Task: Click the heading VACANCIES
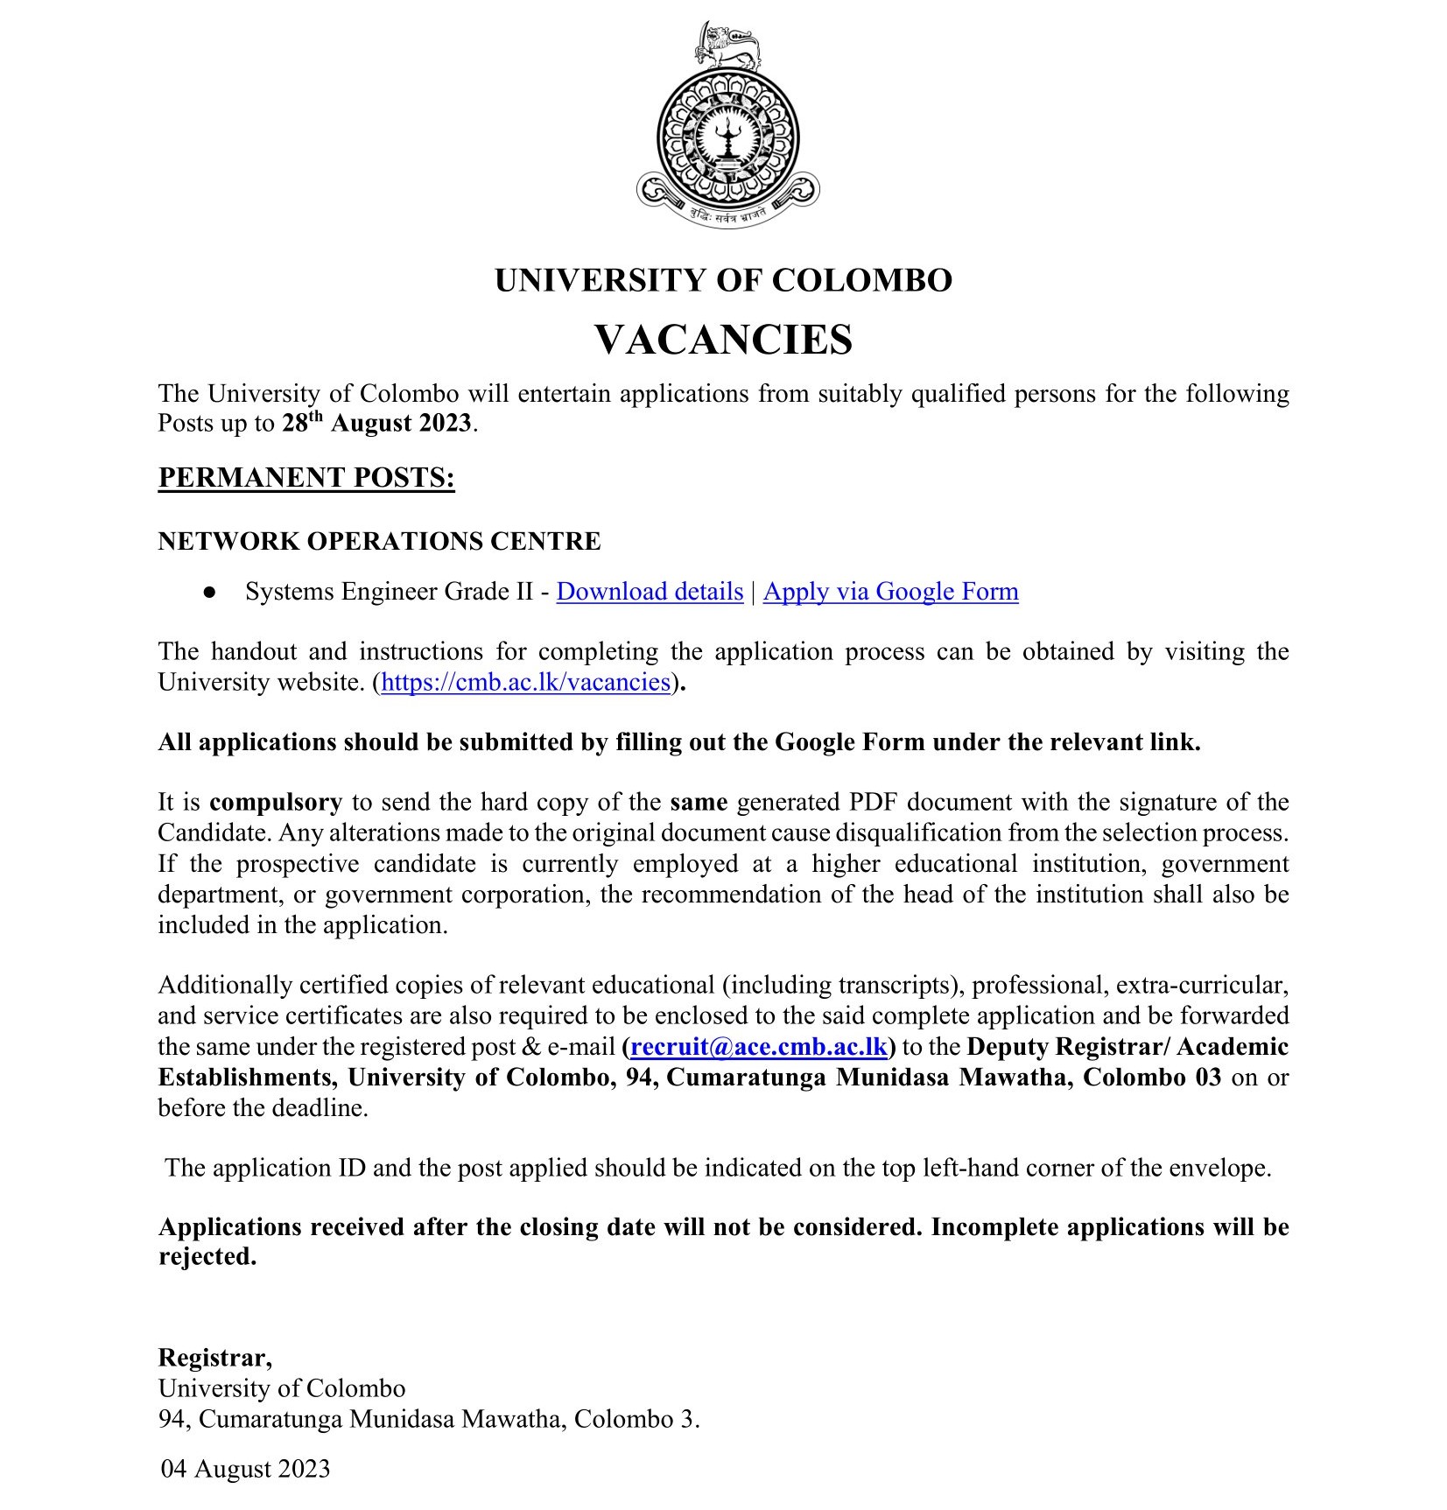[723, 340]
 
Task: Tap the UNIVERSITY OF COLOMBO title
[723, 280]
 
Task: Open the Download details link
[650, 592]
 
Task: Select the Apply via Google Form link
[890, 592]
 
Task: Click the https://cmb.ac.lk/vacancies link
[526, 682]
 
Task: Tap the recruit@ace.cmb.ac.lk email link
[759, 1047]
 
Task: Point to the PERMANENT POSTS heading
[306, 478]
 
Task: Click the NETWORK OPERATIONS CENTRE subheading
[379, 541]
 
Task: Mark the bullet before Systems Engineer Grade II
[209, 593]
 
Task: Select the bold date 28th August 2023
[377, 423]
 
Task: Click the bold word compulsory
[276, 802]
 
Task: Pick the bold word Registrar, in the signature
[214, 1357]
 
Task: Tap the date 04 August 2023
[245, 1468]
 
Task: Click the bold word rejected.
[207, 1257]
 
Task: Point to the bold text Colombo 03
[1151, 1077]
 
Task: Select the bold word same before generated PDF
[699, 802]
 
